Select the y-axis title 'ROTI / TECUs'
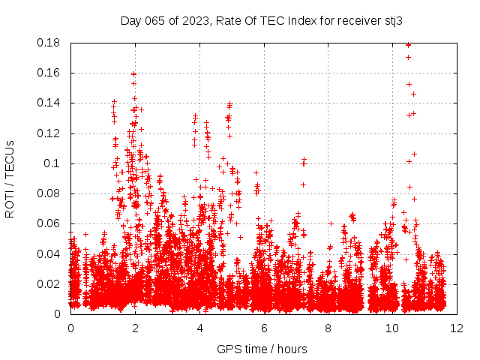pos(10,178)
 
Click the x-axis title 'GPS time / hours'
pos(262,349)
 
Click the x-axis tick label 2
pos(135,328)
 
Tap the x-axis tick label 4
pos(199,328)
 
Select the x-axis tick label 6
pos(264,328)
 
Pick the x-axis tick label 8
pos(328,328)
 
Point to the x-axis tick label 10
pos(392,328)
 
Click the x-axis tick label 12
pos(457,328)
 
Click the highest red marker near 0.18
pos(408,44)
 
